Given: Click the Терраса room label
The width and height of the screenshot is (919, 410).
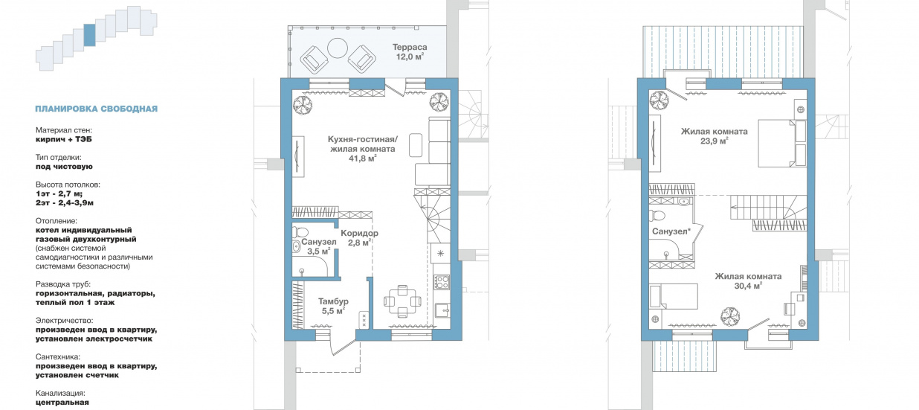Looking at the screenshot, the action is [x=410, y=47].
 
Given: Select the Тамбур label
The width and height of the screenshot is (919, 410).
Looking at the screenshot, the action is [x=333, y=301].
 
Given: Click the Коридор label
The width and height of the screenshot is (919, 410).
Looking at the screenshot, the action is [x=359, y=233].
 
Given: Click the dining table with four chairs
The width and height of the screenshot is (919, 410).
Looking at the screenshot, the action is [x=402, y=301].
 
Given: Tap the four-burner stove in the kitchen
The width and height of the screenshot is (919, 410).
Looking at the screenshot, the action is [x=442, y=281].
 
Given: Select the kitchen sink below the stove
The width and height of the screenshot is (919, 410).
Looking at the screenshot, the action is [x=442, y=311].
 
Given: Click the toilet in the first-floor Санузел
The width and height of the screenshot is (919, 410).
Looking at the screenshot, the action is [x=299, y=232].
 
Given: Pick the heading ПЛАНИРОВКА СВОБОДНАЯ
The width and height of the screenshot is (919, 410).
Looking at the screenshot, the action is [x=97, y=109].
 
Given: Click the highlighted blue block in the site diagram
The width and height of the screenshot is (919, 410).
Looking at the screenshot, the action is [x=89, y=35].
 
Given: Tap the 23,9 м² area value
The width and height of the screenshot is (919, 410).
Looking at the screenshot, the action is [x=715, y=141].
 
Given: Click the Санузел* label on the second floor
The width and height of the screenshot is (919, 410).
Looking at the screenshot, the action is [x=671, y=231].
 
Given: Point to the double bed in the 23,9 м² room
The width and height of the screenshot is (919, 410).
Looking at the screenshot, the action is [x=775, y=143].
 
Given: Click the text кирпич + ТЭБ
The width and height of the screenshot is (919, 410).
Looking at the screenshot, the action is [x=64, y=139].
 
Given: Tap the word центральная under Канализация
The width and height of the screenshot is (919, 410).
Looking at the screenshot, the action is [x=62, y=403].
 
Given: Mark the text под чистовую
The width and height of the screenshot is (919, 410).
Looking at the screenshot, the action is [x=64, y=167].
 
